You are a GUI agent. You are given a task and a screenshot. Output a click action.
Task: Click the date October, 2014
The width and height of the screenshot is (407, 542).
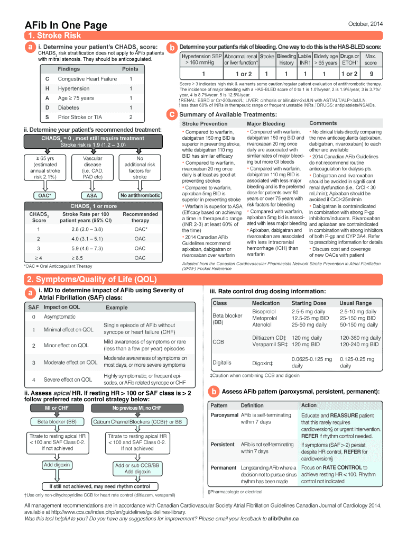pyautogui.click(x=365, y=24)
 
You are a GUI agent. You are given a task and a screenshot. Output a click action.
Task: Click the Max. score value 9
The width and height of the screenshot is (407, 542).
pyautogui.click(x=371, y=74)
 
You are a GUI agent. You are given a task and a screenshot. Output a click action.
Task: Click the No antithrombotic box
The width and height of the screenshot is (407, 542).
pyautogui.click(x=140, y=195)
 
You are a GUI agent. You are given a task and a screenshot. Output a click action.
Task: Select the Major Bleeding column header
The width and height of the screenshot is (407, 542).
pyautogui.click(x=265, y=124)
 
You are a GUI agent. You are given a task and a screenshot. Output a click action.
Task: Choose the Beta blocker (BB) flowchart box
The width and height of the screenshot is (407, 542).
pyautogui.click(x=57, y=422)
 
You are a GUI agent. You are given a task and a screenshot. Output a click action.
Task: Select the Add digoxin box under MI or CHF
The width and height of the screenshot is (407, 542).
pyautogui.click(x=57, y=465)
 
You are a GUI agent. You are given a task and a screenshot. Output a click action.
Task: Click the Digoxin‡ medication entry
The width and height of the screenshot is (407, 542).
pyautogui.click(x=263, y=363)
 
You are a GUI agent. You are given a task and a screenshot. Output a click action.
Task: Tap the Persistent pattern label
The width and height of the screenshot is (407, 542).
pyautogui.click(x=223, y=445)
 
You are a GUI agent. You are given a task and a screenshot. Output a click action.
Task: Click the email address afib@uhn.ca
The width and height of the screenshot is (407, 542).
pyautogui.click(x=283, y=519)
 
